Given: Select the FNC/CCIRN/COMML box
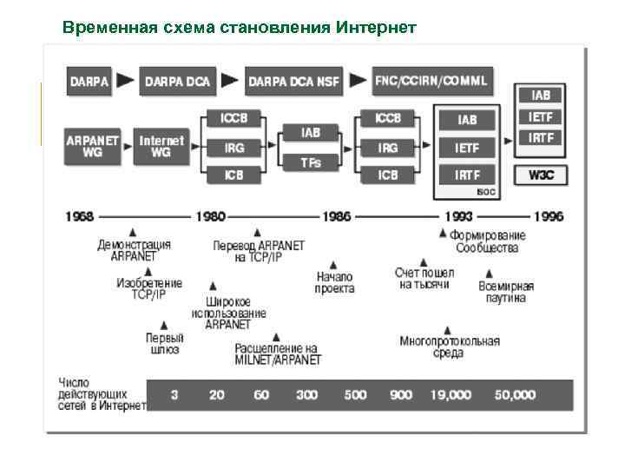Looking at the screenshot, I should pos(431,81).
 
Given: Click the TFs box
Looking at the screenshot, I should pos(311,162).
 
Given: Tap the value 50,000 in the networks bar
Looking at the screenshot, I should pos(515,394).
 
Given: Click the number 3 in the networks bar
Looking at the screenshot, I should pos(174,394).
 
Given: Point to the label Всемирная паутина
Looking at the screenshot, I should pos(506,292).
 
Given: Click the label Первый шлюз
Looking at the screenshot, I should pos(164,343).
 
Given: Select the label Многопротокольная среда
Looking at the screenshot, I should pos(449,347).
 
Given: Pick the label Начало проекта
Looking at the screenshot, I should pos(334,282).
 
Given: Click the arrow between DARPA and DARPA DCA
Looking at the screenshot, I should pos(126,81).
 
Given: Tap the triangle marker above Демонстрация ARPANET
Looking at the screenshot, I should pos(132,232).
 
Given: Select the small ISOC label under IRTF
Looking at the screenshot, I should pos(486,191).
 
